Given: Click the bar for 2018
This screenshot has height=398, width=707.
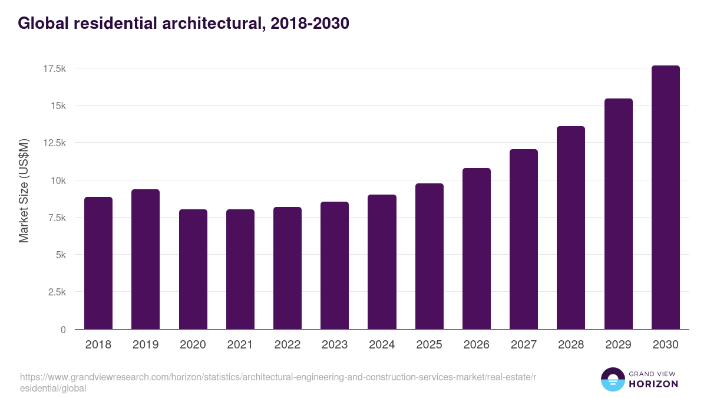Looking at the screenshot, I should pyautogui.click(x=98, y=263).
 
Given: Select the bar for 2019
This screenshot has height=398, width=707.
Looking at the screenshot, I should pyautogui.click(x=146, y=259).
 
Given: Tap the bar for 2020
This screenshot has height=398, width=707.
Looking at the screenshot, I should pyautogui.click(x=193, y=269).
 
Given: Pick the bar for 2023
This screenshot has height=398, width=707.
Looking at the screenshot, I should pyautogui.click(x=335, y=265).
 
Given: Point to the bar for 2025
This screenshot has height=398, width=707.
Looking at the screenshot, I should pyautogui.click(x=430, y=256).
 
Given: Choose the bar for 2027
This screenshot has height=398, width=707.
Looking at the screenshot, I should pyautogui.click(x=524, y=239).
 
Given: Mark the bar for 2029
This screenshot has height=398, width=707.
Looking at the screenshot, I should pyautogui.click(x=618, y=214).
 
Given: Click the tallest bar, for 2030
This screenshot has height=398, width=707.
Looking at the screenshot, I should pyautogui.click(x=666, y=198).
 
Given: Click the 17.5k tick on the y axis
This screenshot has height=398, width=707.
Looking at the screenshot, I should pyautogui.click(x=54, y=68).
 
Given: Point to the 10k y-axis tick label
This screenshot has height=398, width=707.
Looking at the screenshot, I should pyautogui.click(x=58, y=180).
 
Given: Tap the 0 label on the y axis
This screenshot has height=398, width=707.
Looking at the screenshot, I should pyautogui.click(x=63, y=330).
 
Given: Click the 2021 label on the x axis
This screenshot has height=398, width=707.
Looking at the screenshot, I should pyautogui.click(x=240, y=345).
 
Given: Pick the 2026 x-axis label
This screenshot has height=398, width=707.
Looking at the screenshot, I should pyautogui.click(x=477, y=345).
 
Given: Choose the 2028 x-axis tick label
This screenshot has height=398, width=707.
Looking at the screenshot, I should pyautogui.click(x=571, y=345).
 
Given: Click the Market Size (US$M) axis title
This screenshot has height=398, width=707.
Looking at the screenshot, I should pyautogui.click(x=24, y=190).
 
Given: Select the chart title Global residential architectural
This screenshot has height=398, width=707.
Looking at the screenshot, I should pyautogui.click(x=183, y=23).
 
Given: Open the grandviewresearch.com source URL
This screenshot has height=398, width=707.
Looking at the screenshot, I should pyautogui.click(x=277, y=382).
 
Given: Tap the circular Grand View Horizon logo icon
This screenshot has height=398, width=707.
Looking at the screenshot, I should pyautogui.click(x=613, y=379).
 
